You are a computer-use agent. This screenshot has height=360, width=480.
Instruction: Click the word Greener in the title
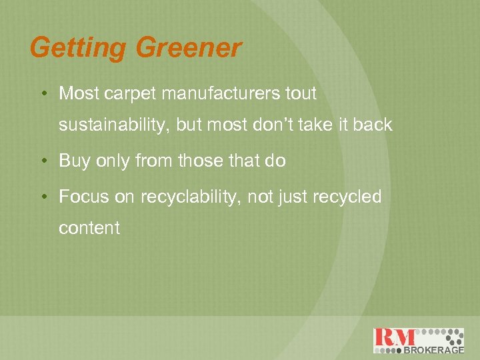189,48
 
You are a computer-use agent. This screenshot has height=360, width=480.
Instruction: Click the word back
373,125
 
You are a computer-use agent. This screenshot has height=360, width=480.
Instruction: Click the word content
89,228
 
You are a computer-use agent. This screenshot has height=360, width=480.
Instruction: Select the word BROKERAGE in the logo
434,349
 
